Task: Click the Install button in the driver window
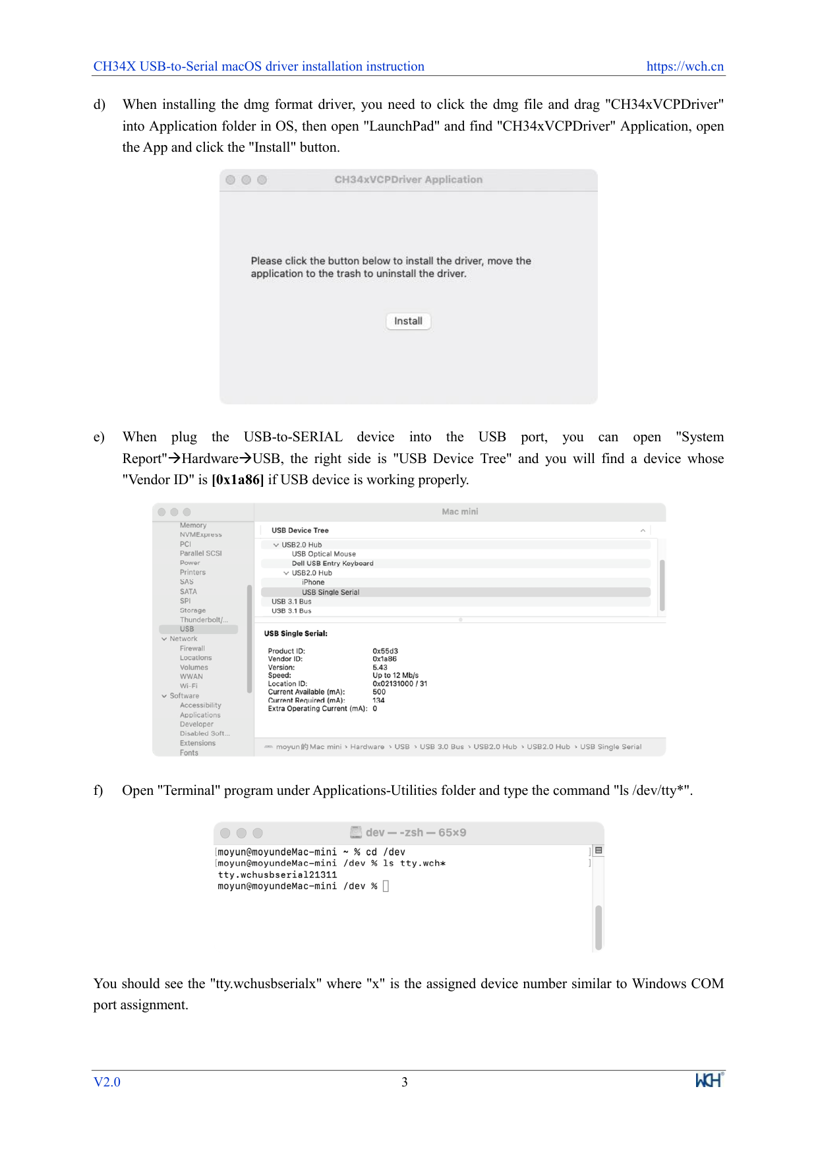click(408, 321)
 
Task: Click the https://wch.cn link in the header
click(685, 67)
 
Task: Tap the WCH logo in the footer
click(709, 1080)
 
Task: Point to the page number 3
click(405, 1082)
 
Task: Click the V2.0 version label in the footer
click(107, 1082)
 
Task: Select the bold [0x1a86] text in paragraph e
click(237, 480)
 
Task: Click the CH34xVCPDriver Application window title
click(408, 179)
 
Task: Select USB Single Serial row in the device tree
click(330, 592)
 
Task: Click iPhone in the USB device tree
click(313, 582)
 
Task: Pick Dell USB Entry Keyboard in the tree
click(332, 563)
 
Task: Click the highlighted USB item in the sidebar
click(187, 629)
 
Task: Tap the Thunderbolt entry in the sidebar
click(204, 620)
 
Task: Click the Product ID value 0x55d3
click(385, 651)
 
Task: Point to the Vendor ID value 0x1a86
click(384, 659)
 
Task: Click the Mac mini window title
click(459, 512)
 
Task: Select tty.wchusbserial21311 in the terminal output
click(277, 875)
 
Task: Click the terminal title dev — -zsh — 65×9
click(415, 832)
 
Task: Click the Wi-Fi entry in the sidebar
click(189, 686)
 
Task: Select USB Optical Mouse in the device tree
click(324, 554)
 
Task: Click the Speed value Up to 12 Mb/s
click(395, 675)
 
